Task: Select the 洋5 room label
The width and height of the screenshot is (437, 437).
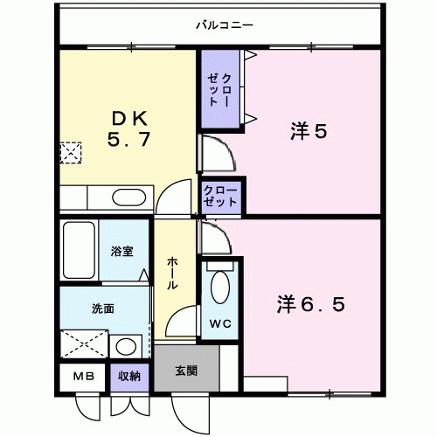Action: click(x=309, y=132)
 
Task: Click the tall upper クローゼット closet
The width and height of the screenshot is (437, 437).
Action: click(x=219, y=90)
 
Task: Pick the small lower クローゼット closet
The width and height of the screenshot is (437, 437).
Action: click(x=220, y=196)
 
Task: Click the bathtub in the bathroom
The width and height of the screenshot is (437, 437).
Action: click(x=79, y=252)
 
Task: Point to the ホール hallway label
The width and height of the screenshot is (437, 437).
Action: click(x=172, y=272)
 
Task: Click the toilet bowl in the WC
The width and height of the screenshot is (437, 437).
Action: click(x=219, y=288)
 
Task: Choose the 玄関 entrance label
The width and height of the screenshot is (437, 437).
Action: click(x=186, y=370)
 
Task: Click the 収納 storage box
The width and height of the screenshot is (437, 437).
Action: click(x=130, y=377)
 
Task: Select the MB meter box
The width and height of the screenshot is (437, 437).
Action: click(x=83, y=377)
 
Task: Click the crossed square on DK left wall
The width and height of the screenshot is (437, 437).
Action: click(x=68, y=153)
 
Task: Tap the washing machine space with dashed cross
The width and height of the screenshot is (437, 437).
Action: click(x=85, y=344)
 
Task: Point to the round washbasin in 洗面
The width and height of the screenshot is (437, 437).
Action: click(x=127, y=345)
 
